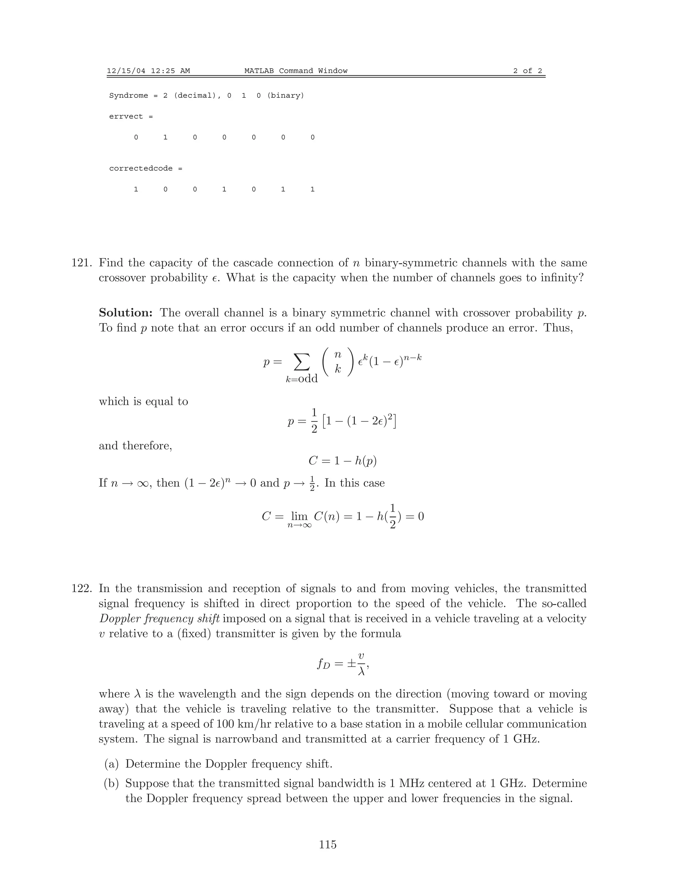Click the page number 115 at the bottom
pos(328,844)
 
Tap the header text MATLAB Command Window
pos(296,71)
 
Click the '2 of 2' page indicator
pos(527,71)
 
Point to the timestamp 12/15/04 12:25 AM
pos(148,71)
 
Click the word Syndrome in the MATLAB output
pos(128,96)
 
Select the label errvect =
pos(131,117)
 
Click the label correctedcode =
pos(145,168)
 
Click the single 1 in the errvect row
pos(165,137)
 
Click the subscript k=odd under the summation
pos(302,379)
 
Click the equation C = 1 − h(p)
pos(342,461)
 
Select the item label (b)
pos(112,783)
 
